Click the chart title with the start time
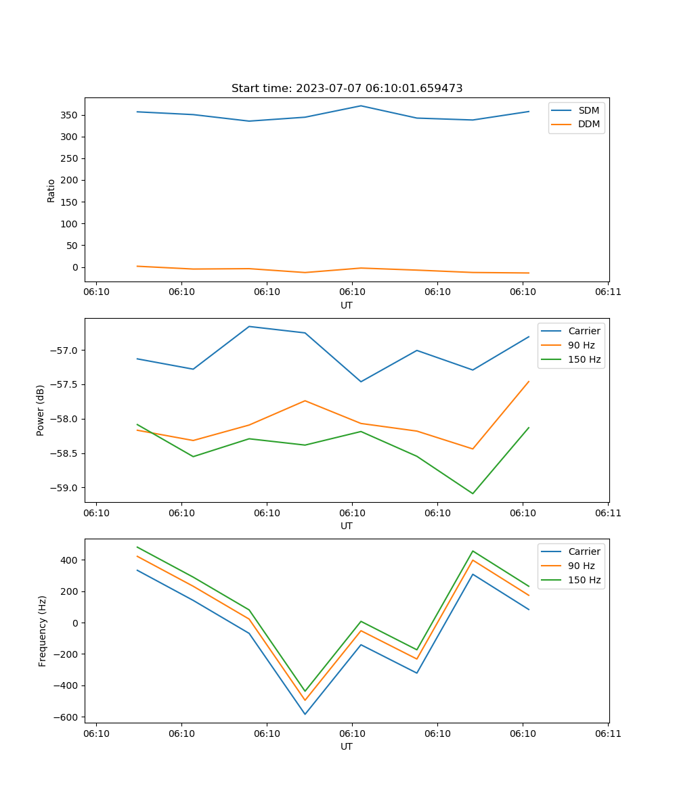(x=347, y=89)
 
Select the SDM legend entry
(x=588, y=110)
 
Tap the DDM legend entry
(x=588, y=124)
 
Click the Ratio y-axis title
(x=51, y=190)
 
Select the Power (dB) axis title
(x=41, y=410)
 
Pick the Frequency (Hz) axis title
(x=43, y=631)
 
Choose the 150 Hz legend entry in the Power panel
(x=584, y=359)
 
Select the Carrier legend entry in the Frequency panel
(x=584, y=551)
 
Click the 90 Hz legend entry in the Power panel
(x=581, y=345)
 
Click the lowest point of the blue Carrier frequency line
(x=305, y=714)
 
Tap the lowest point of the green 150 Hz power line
(x=473, y=493)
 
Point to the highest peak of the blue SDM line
(x=361, y=106)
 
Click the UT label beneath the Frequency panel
(x=347, y=747)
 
